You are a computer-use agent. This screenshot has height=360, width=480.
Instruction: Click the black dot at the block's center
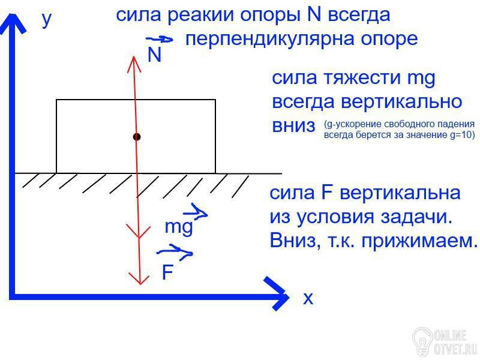[137, 137]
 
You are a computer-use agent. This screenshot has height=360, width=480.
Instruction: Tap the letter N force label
[154, 56]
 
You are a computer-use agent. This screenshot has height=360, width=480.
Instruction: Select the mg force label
[178, 227]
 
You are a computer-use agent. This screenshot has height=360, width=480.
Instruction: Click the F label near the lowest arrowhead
[167, 273]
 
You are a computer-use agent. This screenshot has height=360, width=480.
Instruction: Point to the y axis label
[47, 20]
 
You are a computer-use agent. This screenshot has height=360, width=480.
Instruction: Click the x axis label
[308, 298]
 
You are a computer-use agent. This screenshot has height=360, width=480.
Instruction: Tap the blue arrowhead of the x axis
[277, 294]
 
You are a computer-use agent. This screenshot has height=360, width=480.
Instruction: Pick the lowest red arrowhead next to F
[140, 278]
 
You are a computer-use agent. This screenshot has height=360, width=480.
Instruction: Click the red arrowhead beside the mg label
[139, 231]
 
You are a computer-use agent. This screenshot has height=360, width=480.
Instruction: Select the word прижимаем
[427, 241]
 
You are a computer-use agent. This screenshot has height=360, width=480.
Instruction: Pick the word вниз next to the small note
[293, 126]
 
